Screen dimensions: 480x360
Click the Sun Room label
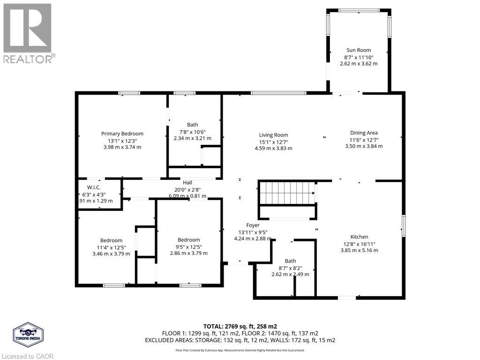[359, 50]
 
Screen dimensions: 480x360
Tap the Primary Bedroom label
[122, 134]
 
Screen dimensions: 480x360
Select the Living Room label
[273, 135]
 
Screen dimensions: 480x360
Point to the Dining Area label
[364, 133]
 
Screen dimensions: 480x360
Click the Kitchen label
[359, 237]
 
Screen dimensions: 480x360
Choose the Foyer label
[253, 225]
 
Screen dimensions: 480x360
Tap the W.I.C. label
[94, 187]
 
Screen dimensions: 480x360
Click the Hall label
[187, 183]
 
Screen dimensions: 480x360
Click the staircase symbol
[287, 193]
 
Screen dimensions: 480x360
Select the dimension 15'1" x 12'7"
[273, 142]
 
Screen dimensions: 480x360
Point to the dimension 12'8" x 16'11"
[359, 244]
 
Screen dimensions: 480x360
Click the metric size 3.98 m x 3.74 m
[122, 147]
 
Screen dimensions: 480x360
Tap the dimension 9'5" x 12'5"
[188, 247]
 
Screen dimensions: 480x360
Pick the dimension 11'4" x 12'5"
[111, 247]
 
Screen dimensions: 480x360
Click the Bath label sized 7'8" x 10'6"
[192, 125]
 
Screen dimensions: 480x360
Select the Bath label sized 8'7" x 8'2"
[290, 261]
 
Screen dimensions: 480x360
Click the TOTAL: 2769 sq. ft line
[240, 327]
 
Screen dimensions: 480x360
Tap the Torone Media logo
[28, 335]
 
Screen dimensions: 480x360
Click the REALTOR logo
[29, 33]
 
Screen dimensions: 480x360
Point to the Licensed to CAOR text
[27, 356]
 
